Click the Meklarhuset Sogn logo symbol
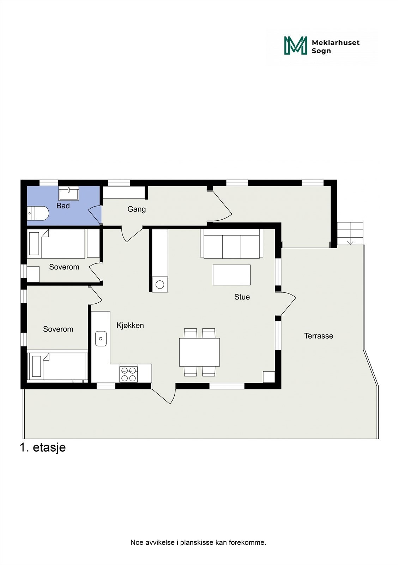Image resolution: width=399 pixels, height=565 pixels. [296, 46]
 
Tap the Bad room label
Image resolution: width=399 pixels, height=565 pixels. [63, 206]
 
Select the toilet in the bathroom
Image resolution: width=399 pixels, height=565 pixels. [37, 213]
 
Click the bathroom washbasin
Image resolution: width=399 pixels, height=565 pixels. [69, 193]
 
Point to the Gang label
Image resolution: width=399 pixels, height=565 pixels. [137, 209]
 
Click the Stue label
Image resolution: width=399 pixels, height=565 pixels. [242, 297]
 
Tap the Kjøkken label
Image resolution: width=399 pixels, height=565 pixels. [130, 326]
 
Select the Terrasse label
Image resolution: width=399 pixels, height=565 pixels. [319, 336]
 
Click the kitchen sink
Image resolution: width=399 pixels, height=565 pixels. [101, 339]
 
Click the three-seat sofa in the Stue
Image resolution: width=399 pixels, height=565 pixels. [232, 244]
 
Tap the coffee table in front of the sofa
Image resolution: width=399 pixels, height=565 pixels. [232, 275]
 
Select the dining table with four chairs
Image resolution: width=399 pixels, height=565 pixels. [199, 352]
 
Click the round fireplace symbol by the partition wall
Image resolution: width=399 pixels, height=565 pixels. [160, 285]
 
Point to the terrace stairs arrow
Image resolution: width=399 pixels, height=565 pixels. [350, 242]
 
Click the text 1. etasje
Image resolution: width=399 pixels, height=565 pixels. [43, 447]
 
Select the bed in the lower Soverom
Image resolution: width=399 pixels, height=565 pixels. [57, 366]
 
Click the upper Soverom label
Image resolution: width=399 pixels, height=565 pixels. [64, 267]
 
